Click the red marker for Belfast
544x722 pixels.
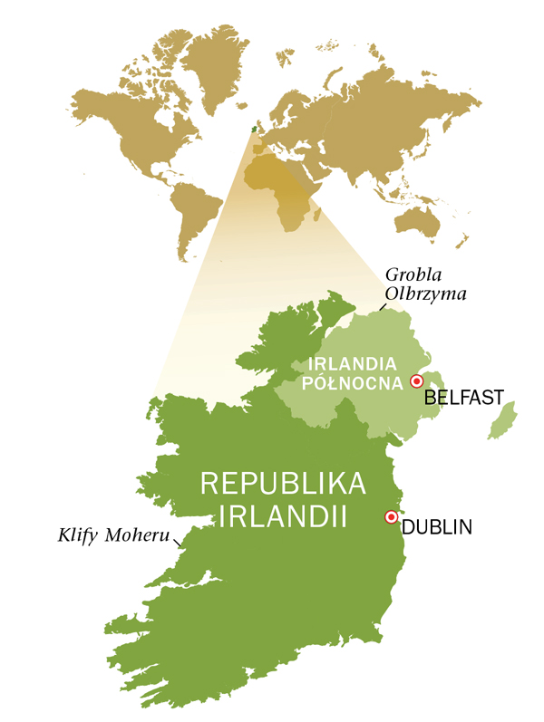coord(417,380)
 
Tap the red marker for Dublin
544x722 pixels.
coord(392,517)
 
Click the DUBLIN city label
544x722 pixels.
coord(437,526)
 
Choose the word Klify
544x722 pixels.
coord(78,536)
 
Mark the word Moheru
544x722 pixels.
coord(137,536)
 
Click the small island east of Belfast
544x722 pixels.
coord(501,422)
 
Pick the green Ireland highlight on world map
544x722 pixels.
coord(256,128)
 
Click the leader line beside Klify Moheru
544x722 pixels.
coord(178,541)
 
